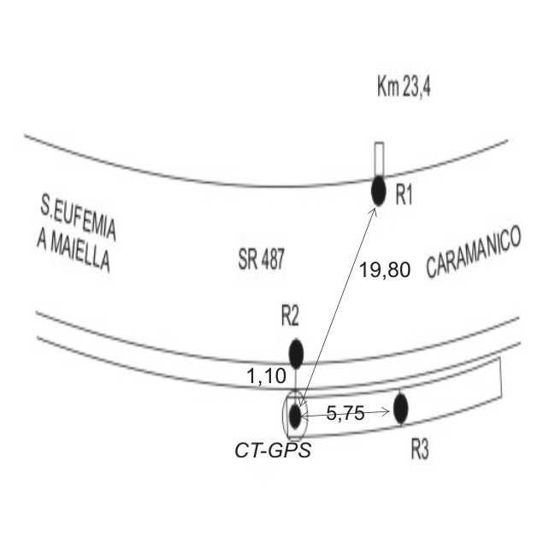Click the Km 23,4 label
404,87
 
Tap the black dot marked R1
378,191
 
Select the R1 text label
404,194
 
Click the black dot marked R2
296,353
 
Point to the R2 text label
290,316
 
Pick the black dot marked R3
401,408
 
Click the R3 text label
420,450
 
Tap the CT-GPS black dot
295,416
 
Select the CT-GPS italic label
273,451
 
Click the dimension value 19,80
385,270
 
